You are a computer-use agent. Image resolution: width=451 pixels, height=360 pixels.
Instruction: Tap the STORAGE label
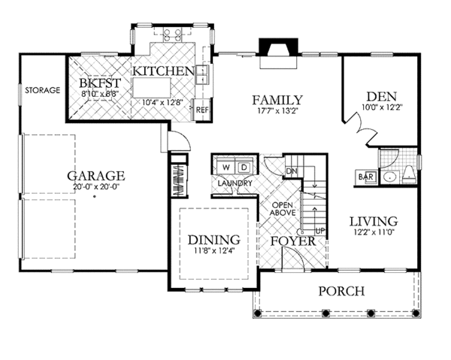[x=42, y=90]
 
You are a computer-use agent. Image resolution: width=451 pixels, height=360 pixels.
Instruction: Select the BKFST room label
[x=99, y=81]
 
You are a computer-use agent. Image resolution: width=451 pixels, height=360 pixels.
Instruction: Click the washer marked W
[x=225, y=166]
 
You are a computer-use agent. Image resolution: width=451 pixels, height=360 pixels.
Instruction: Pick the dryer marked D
[x=244, y=166]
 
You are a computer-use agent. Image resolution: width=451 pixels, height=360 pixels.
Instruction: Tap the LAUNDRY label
[x=235, y=183]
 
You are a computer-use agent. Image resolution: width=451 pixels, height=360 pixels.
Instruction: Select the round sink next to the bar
[x=389, y=177]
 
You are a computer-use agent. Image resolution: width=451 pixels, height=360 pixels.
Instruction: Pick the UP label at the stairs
[x=319, y=230]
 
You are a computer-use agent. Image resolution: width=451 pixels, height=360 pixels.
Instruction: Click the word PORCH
[x=341, y=291]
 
